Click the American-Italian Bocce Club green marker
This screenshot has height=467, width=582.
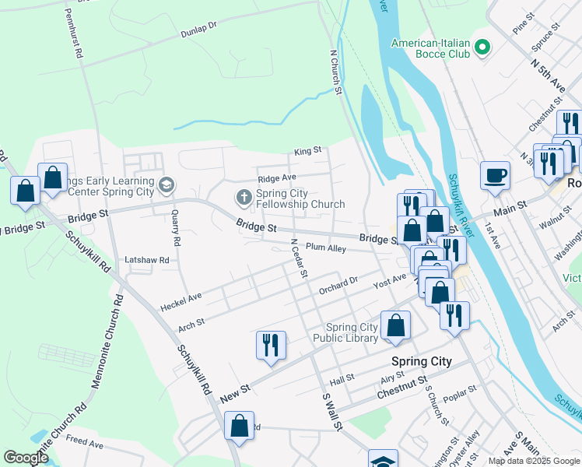(482, 48)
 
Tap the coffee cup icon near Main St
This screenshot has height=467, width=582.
(494, 176)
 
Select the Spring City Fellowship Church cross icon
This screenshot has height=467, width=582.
(244, 197)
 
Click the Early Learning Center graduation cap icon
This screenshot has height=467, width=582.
(166, 185)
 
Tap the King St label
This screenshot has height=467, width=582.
(307, 151)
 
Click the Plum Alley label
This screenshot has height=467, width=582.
(325, 248)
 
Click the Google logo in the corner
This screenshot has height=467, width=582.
(26, 458)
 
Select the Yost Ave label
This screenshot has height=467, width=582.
(390, 278)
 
